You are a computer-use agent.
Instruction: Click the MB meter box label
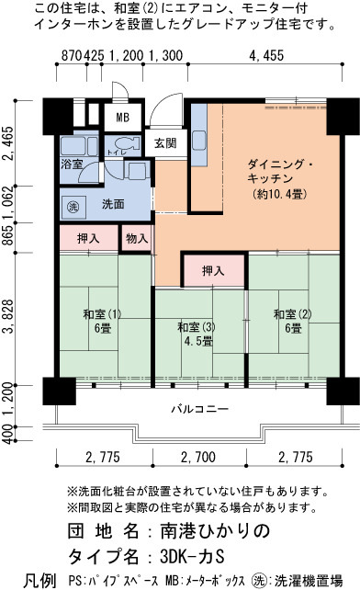[123, 118]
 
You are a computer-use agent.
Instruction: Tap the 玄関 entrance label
[165, 143]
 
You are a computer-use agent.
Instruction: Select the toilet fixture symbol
[127, 143]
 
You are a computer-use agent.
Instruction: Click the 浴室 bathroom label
[72, 164]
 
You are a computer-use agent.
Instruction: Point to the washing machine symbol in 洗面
[73, 206]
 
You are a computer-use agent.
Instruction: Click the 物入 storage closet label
[137, 238]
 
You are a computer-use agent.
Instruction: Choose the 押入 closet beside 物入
[88, 238]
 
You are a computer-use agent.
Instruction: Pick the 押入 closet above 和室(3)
[213, 270]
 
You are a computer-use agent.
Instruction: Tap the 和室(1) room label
[102, 314]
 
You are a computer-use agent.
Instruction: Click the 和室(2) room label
[293, 314]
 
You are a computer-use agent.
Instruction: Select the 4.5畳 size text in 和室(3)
[198, 341]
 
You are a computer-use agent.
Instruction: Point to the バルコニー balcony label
[200, 409]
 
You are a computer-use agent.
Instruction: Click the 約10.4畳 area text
[279, 195]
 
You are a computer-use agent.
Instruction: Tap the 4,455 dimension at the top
[266, 56]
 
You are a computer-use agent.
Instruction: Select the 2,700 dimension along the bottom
[198, 457]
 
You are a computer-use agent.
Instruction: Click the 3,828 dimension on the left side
[8, 318]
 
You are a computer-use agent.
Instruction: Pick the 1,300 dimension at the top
[166, 56]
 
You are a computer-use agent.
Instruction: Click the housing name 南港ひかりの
[215, 531]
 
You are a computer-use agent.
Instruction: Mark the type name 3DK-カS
[192, 557]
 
